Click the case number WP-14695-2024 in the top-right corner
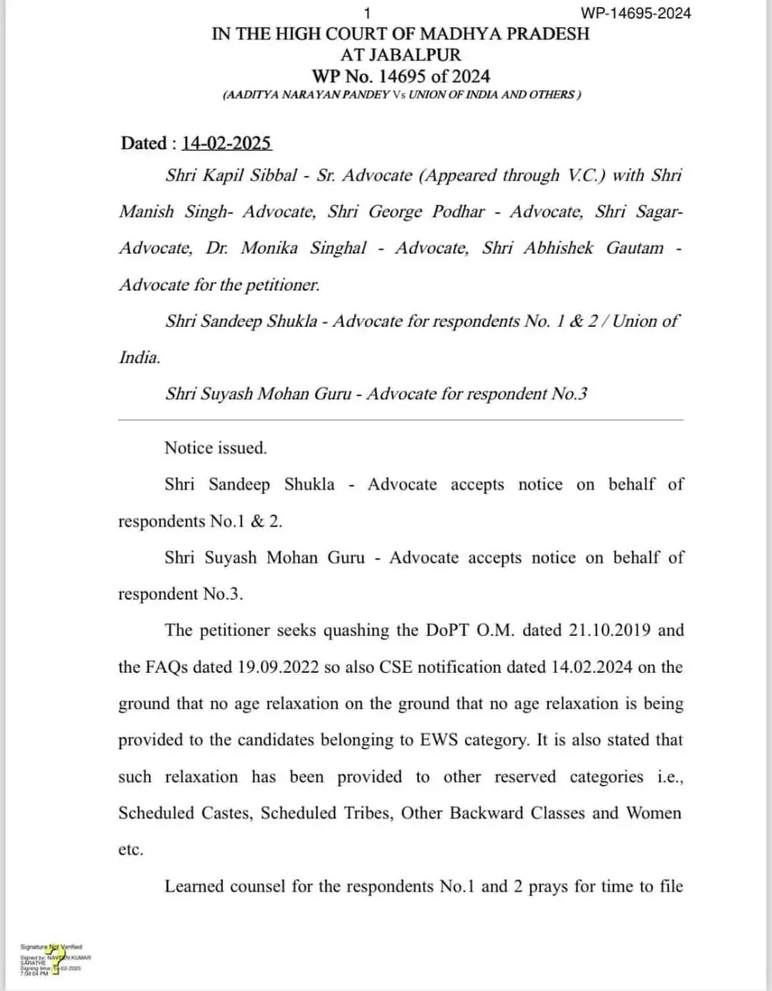click(635, 13)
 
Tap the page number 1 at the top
click(367, 13)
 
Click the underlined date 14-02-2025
click(226, 143)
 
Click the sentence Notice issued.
click(215, 448)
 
